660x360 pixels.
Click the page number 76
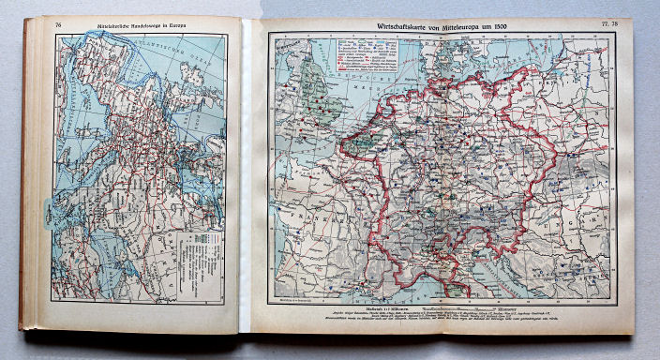tap(58, 23)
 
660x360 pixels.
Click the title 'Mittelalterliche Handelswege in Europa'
tap(139, 23)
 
